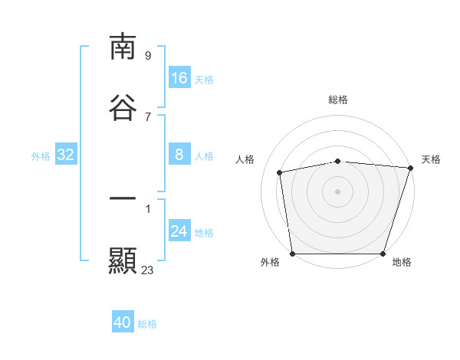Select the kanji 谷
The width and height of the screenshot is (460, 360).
pyautogui.click(x=123, y=107)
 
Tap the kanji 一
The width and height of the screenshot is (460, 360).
pyautogui.click(x=123, y=199)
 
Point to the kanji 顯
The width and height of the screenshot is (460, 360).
pyautogui.click(x=123, y=260)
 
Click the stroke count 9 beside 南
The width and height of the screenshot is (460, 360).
pyautogui.click(x=148, y=55)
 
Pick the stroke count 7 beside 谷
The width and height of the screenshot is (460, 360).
pyautogui.click(x=148, y=116)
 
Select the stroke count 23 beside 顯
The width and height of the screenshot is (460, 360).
pyautogui.click(x=148, y=270)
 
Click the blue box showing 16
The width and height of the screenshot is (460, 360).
pyautogui.click(x=179, y=78)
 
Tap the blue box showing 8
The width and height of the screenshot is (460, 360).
pyautogui.click(x=179, y=155)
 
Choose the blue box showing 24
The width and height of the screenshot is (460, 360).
pyautogui.click(x=179, y=232)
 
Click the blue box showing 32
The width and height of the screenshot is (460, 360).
pyautogui.click(x=66, y=155)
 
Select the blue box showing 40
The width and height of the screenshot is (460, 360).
pyautogui.click(x=123, y=323)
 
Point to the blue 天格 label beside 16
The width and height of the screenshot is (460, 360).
pyautogui.click(x=204, y=79)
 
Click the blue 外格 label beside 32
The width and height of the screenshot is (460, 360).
pyautogui.click(x=41, y=156)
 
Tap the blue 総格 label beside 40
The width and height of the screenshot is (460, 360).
pyautogui.click(x=147, y=324)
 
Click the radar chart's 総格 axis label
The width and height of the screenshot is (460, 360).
pyautogui.click(x=338, y=100)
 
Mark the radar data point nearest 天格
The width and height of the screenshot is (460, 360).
pyautogui.click(x=410, y=169)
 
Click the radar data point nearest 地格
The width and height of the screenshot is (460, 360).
pyautogui.click(x=383, y=254)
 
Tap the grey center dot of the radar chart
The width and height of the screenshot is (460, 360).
pyautogui.click(x=338, y=191)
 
